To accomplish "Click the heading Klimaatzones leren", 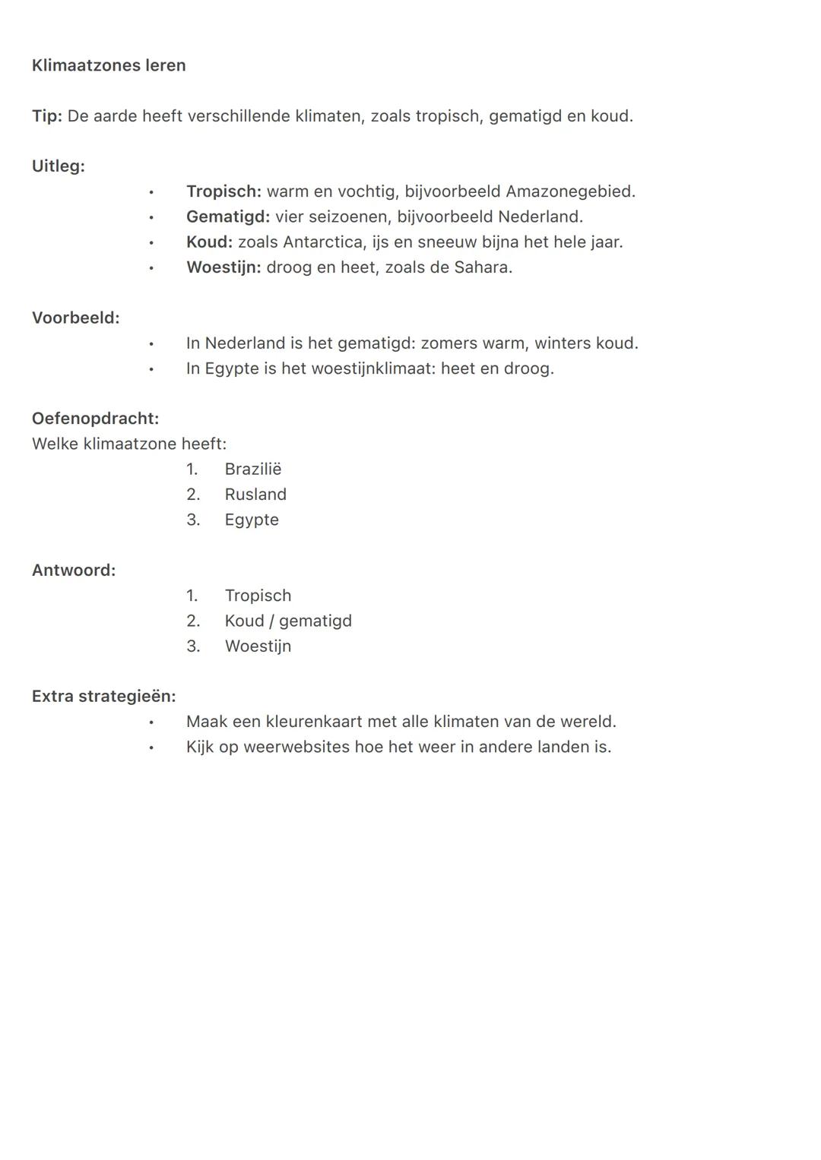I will pyautogui.click(x=109, y=65).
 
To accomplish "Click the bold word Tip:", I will pyautogui.click(x=46, y=116).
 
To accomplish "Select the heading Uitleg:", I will pyautogui.click(x=59, y=166).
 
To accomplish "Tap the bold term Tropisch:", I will pyautogui.click(x=223, y=191).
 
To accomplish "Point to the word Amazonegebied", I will pyautogui.click(x=569, y=191).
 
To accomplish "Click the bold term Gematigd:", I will pyautogui.click(x=228, y=217).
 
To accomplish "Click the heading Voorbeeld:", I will pyautogui.click(x=75, y=318).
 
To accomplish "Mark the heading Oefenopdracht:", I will pyautogui.click(x=95, y=419).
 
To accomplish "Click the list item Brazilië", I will pyautogui.click(x=253, y=469).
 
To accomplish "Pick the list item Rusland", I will pyautogui.click(x=255, y=495).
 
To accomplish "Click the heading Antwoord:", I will pyautogui.click(x=74, y=571).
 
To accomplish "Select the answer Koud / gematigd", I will pyautogui.click(x=288, y=621).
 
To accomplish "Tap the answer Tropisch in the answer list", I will pyautogui.click(x=258, y=596).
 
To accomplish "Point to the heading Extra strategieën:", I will pyautogui.click(x=103, y=697).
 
